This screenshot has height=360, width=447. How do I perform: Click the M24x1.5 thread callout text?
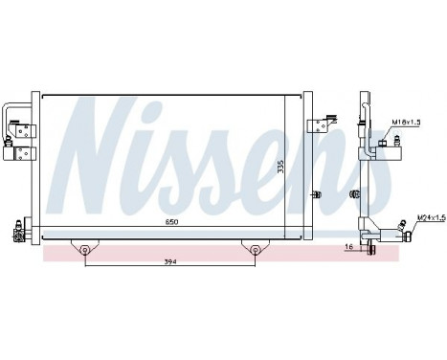pyautogui.click(x=432, y=219)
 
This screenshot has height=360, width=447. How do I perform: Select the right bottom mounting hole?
pyautogui.click(x=256, y=252)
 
